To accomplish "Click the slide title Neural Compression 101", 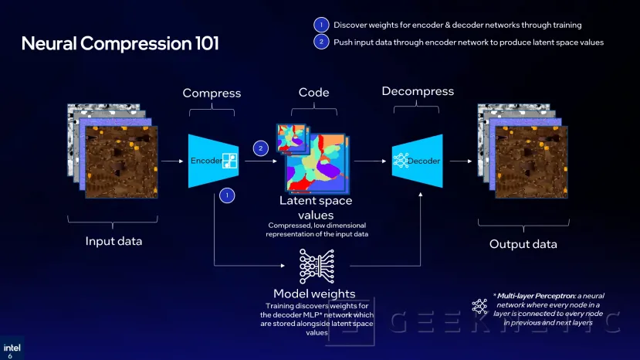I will point(120,43).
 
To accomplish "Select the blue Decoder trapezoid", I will point(417,161).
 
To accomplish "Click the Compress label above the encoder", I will point(212,93).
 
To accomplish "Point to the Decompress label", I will point(417,91).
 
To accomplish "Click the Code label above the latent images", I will point(313,93).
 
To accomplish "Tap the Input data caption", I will point(113,241).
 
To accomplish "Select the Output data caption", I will point(523,244).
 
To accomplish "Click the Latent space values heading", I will point(316,207).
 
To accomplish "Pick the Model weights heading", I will point(314,294).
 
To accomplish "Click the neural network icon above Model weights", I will point(315,267).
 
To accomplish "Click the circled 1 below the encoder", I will point(227,195).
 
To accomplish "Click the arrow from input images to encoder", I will point(172,161).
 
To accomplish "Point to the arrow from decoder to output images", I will point(460,161).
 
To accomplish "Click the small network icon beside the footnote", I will point(478,305).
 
